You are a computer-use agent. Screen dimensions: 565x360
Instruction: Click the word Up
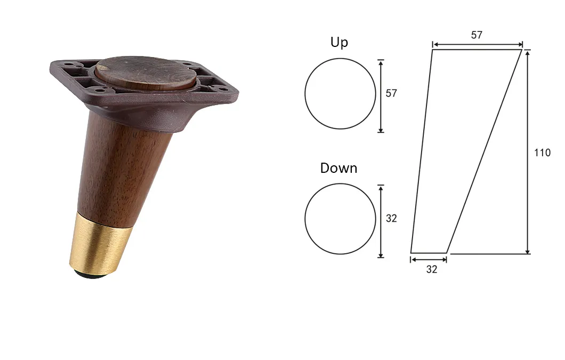[339, 43]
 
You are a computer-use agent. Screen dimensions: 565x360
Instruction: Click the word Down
[338, 168]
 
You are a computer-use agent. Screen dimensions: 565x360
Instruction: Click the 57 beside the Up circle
[391, 93]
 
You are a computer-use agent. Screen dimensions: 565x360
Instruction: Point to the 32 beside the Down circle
[391, 218]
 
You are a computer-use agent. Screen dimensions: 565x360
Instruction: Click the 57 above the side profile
[477, 35]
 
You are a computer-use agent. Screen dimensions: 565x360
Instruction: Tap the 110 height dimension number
[542, 153]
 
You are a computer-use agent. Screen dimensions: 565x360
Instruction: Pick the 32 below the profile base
[432, 269]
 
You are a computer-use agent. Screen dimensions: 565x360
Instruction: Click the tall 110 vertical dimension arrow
[528, 152]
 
